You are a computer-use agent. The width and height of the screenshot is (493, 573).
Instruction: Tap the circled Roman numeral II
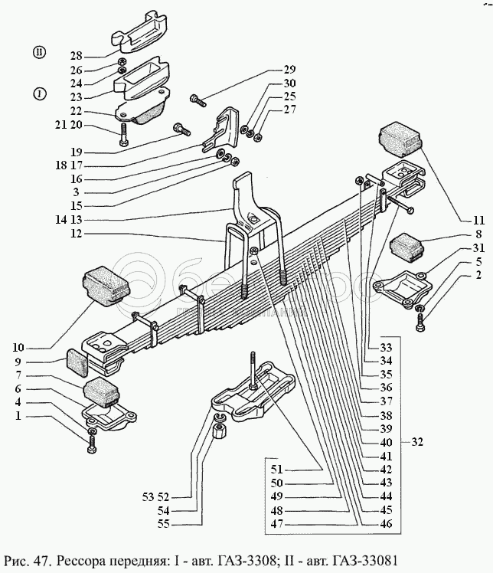[39, 51]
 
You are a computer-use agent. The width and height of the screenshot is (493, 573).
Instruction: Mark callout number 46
[385, 524]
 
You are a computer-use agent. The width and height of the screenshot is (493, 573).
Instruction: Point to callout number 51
[277, 469]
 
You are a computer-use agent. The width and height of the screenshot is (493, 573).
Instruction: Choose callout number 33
[385, 346]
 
